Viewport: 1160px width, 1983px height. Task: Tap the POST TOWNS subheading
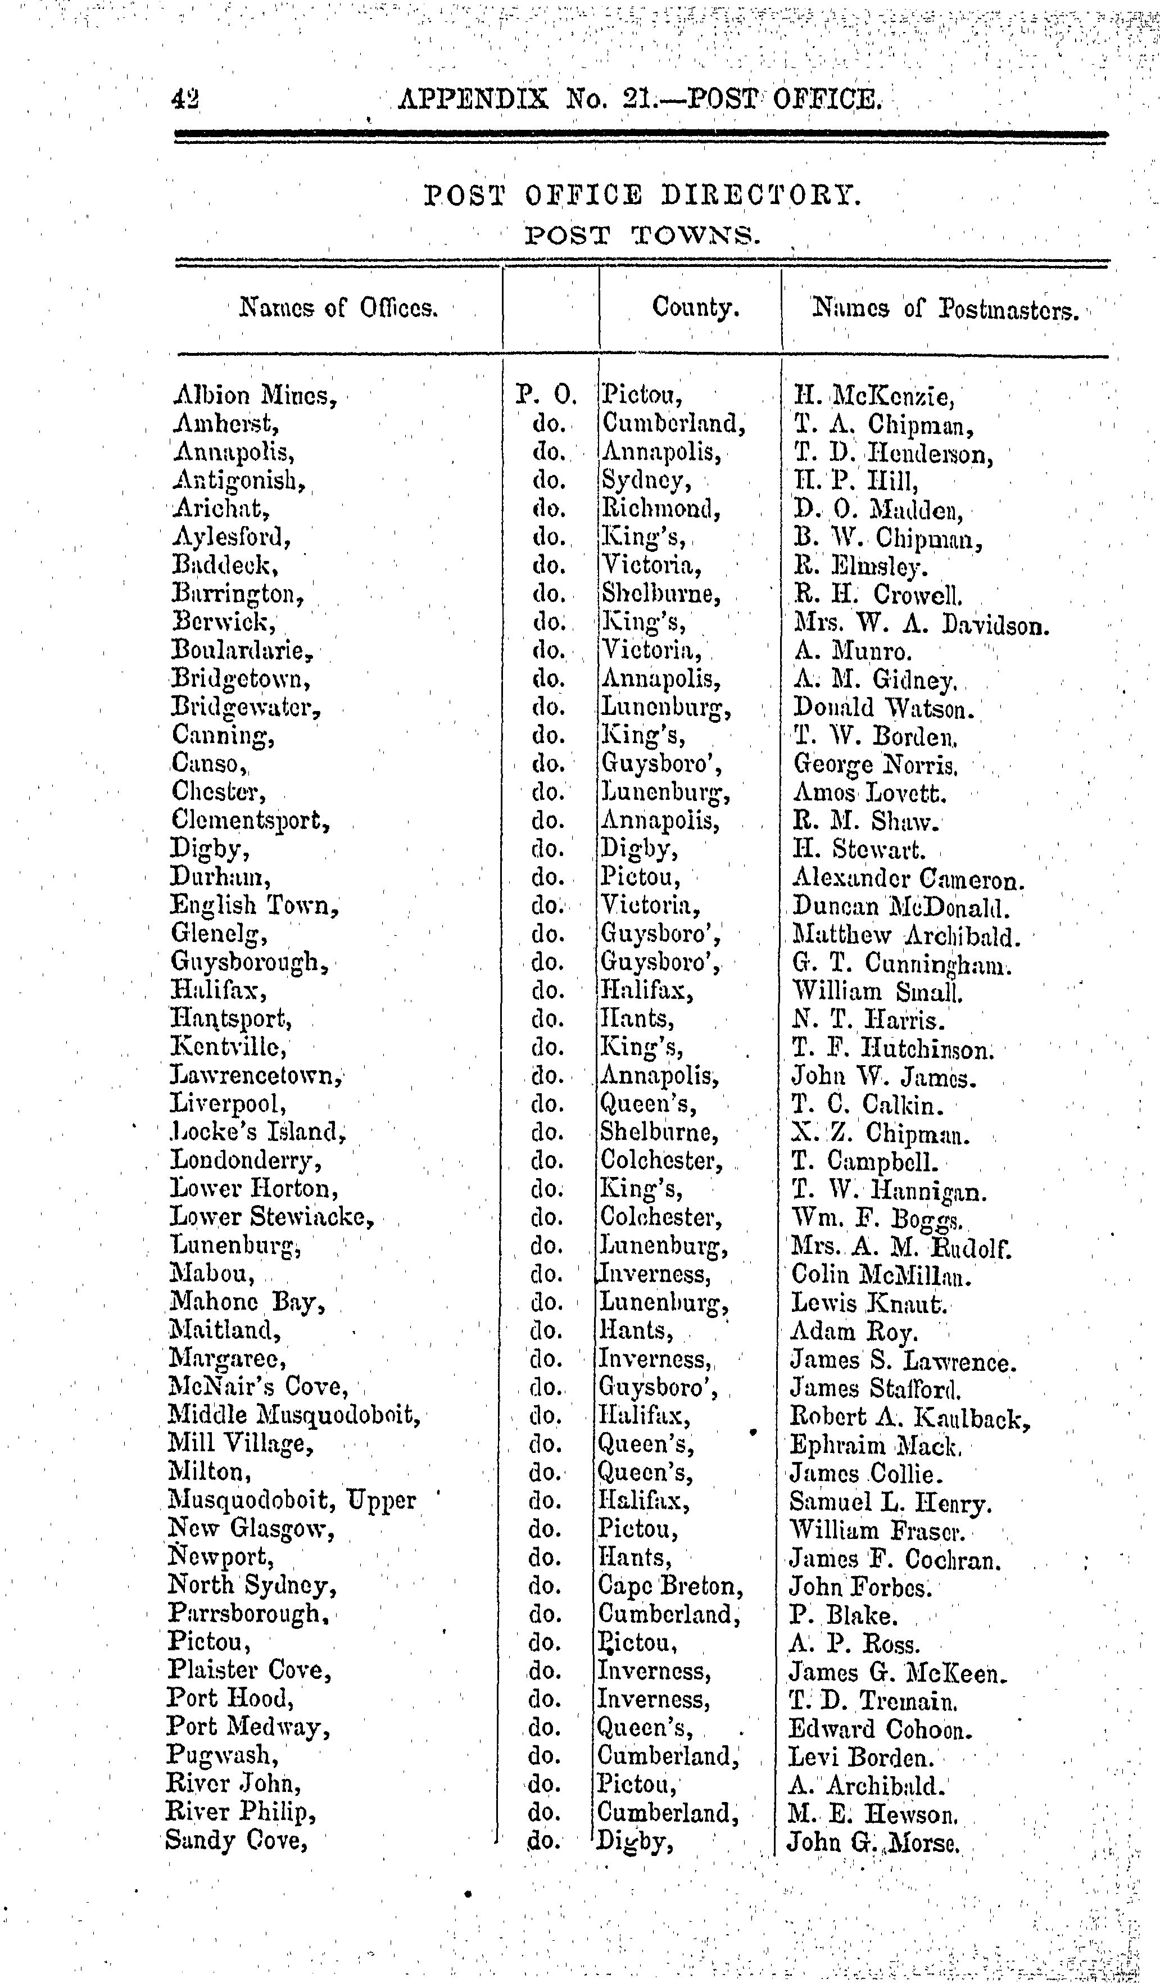click(x=642, y=236)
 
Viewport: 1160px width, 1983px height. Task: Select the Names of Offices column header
click(x=338, y=307)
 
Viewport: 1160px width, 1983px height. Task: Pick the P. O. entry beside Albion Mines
click(x=547, y=393)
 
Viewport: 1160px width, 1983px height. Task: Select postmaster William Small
click(x=877, y=991)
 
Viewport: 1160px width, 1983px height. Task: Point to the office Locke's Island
click(x=257, y=1133)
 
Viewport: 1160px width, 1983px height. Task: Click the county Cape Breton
click(x=670, y=1586)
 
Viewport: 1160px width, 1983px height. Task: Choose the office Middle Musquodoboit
click(x=293, y=1416)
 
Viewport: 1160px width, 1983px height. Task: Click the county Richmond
click(x=660, y=508)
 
